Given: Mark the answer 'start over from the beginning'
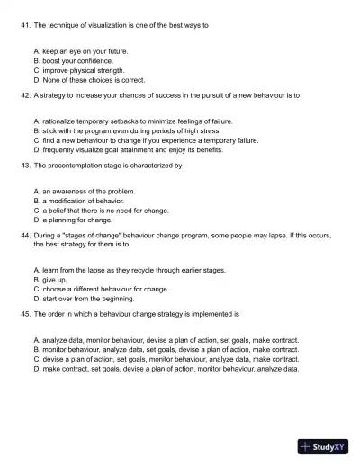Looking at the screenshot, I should pos(87,298).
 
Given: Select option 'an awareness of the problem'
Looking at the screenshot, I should pos(87,192).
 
